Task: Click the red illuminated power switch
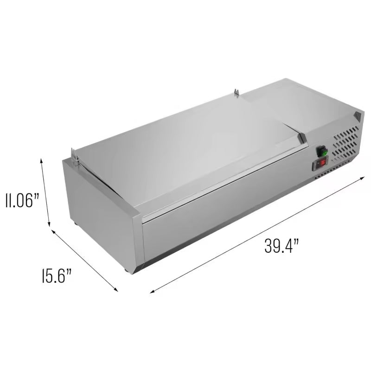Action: [x=321, y=163]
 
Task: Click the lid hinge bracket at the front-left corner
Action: [x=75, y=155]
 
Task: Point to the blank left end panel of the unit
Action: [x=100, y=213]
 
